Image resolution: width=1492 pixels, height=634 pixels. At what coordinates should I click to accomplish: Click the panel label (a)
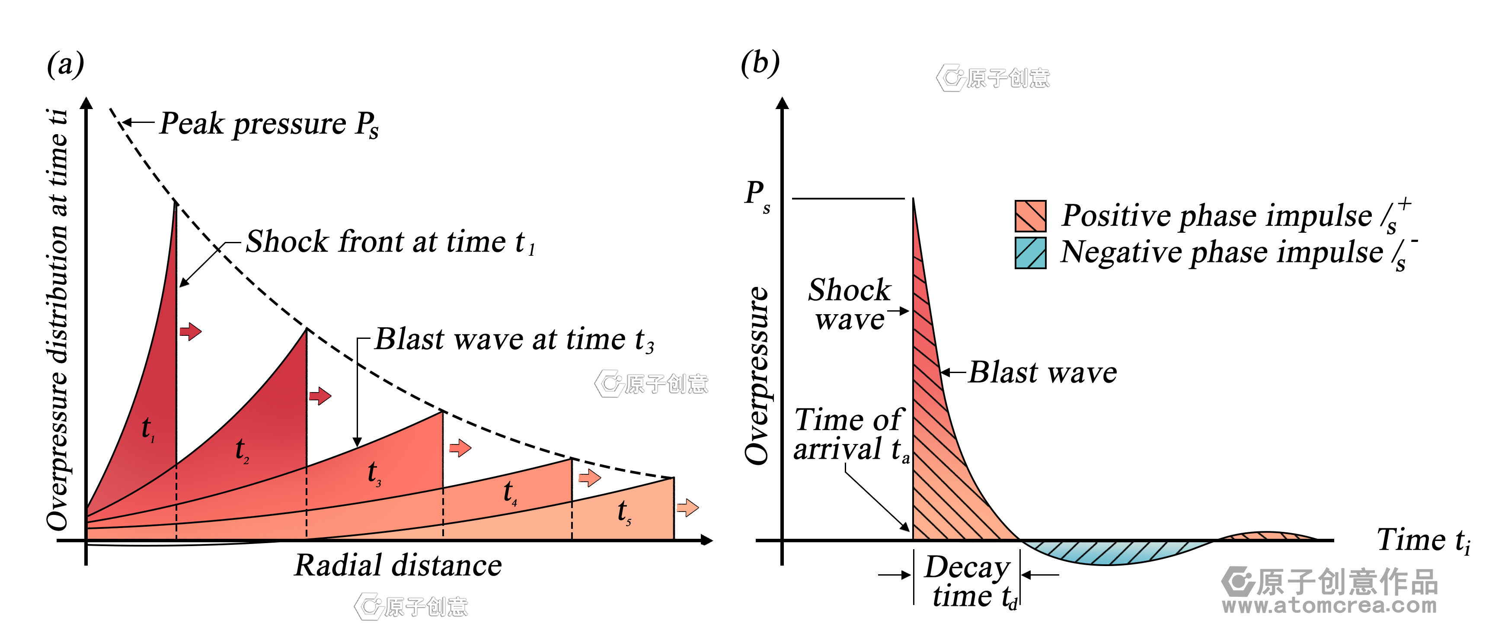(x=65, y=64)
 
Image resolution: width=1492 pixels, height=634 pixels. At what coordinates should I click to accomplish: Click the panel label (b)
(x=760, y=63)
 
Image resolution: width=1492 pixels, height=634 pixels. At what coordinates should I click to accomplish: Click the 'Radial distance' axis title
(x=398, y=565)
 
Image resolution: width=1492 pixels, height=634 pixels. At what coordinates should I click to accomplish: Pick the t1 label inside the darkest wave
(x=148, y=429)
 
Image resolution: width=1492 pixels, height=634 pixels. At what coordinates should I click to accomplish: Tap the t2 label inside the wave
(x=242, y=450)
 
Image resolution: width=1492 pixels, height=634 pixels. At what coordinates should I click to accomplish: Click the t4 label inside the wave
(x=510, y=492)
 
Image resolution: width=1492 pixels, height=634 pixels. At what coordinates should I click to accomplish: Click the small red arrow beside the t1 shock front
(x=190, y=331)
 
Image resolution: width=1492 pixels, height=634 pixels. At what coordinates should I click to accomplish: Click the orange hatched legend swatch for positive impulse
(x=1030, y=216)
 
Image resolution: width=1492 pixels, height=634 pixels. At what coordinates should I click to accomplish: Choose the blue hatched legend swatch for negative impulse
(x=1030, y=253)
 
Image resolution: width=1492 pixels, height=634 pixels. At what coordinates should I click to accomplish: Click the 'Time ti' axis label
(x=1423, y=540)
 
